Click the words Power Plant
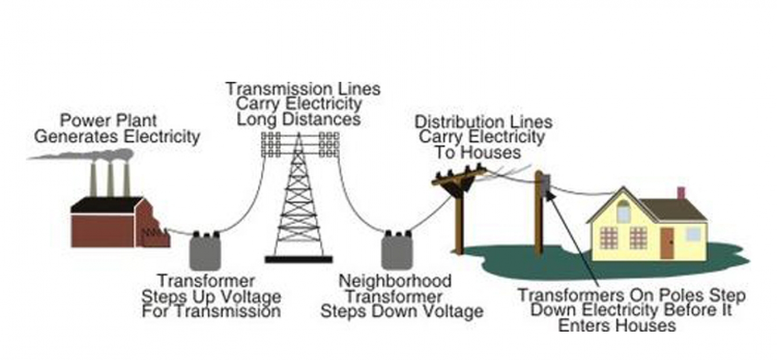tap(108, 121)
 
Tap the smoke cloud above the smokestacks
tap(87, 155)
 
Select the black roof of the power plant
tap(107, 205)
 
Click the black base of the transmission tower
tap(299, 259)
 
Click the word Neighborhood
tap(395, 281)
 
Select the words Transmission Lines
tap(303, 89)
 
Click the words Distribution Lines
tap(483, 122)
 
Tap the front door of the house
tap(667, 243)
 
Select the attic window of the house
tap(623, 213)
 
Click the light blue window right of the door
tap(694, 234)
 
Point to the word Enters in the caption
tap(583, 325)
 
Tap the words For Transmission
tap(211, 311)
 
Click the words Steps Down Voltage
tap(401, 311)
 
